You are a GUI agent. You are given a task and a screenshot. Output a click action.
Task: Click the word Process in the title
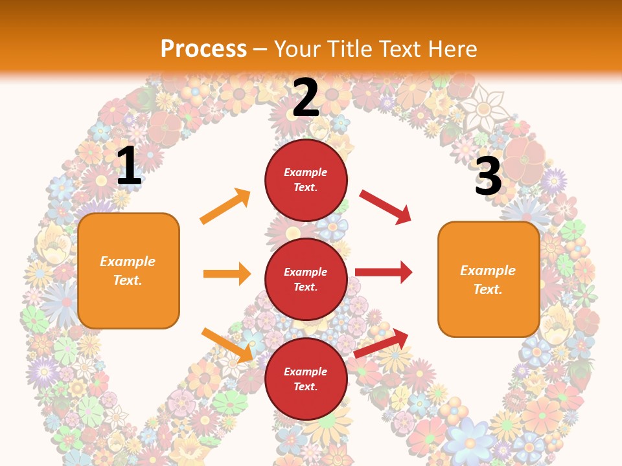pos(203,49)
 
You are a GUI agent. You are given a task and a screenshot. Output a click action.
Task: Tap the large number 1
pos(129,166)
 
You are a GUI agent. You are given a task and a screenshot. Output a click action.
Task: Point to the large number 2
pos(305,98)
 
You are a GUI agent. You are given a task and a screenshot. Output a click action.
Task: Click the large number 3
pos(488,176)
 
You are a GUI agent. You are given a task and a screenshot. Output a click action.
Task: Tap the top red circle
pos(306,180)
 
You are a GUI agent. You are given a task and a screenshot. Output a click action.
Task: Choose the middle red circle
pos(306,279)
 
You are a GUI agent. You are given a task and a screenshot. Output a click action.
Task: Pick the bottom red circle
pos(306,379)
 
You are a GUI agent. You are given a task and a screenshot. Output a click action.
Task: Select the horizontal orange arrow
pos(227,274)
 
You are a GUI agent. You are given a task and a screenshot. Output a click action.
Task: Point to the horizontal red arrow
pos(384,272)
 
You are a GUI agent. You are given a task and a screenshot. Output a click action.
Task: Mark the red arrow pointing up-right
pos(382,342)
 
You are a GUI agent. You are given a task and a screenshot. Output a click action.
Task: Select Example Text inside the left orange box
pos(128,271)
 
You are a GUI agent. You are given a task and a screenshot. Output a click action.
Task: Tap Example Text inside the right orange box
pos(488,280)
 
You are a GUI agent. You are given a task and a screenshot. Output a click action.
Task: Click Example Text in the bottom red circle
pos(306,379)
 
